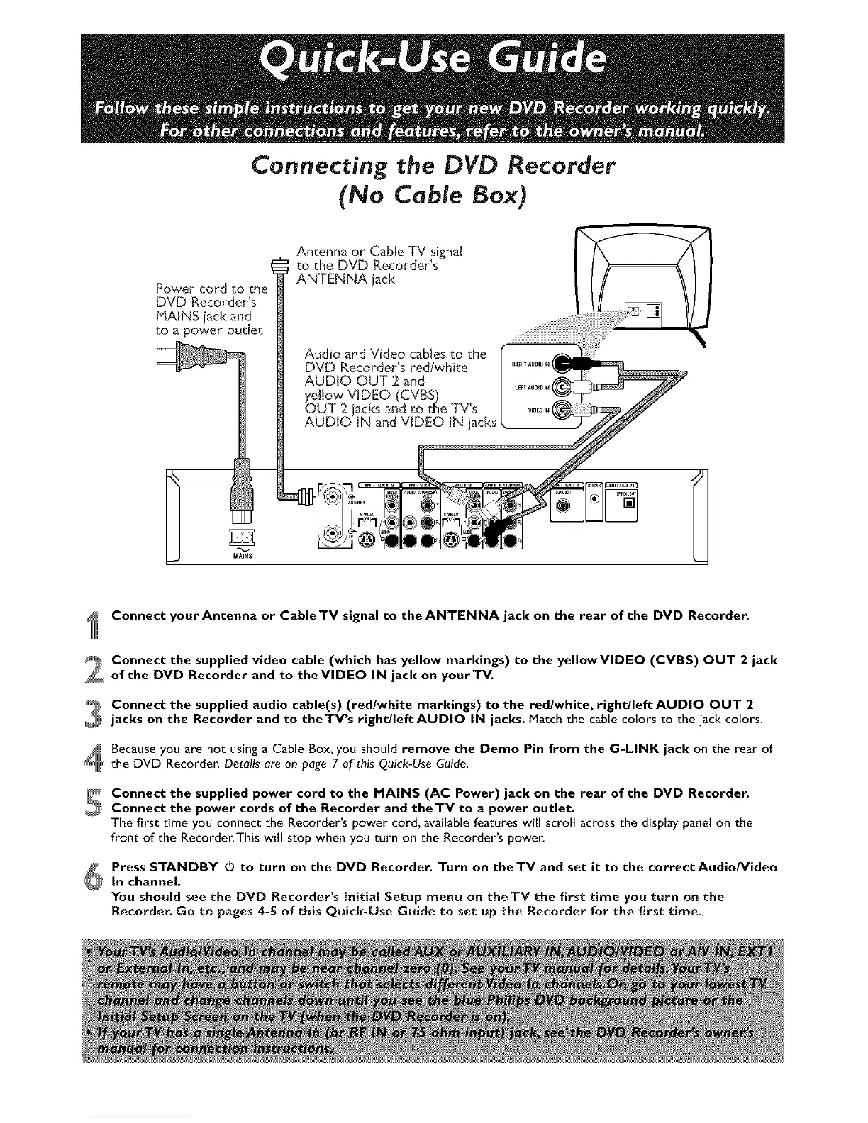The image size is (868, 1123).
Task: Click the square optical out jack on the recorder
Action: [628, 504]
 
